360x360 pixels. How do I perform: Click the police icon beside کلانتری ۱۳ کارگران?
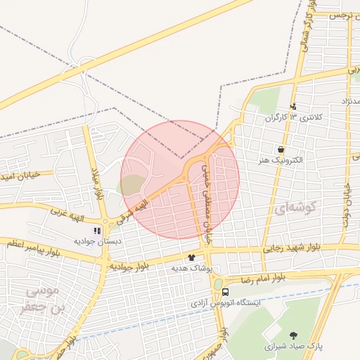[x=293, y=107]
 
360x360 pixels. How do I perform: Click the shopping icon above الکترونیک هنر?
[x=281, y=149]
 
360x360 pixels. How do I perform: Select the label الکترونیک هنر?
[x=281, y=160]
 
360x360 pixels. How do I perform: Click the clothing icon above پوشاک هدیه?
[x=191, y=257]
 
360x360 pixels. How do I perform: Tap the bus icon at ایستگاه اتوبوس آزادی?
[x=226, y=292]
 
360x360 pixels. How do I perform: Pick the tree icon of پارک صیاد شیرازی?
[x=293, y=335]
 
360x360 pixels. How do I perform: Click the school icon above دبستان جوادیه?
[x=98, y=230]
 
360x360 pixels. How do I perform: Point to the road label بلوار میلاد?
[x=97, y=184]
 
